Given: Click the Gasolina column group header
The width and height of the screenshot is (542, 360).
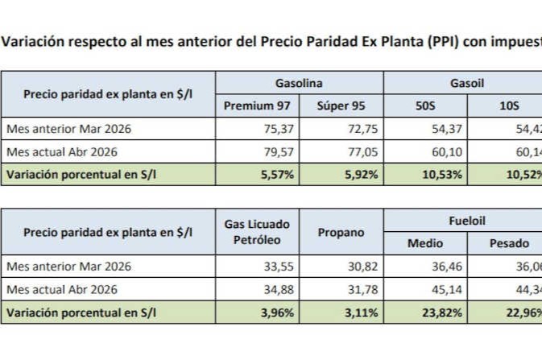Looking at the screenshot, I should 299,83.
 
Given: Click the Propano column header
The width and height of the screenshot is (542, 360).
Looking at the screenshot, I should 341,232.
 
